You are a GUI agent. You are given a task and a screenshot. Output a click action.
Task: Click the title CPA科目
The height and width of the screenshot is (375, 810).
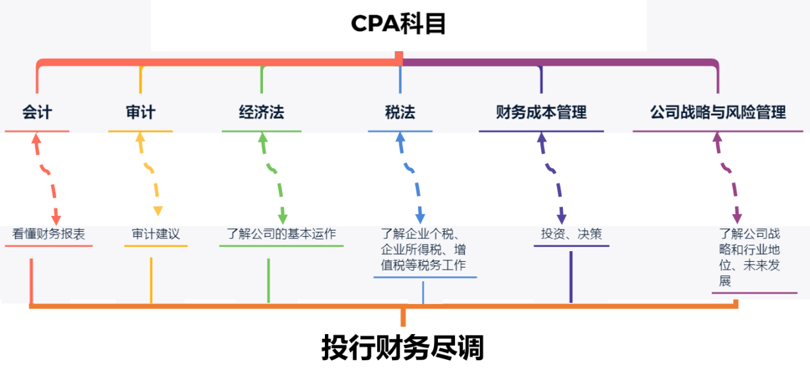398,24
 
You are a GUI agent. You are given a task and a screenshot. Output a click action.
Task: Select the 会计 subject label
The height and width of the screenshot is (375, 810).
37,113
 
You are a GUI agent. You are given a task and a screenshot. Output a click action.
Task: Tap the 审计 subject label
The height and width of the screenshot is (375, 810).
140,113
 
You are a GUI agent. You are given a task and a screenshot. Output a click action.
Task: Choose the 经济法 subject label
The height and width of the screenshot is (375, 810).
262,113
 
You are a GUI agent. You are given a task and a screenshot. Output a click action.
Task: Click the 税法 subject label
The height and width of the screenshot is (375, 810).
400,113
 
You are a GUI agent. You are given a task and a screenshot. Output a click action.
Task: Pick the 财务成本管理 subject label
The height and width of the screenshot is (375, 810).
541,113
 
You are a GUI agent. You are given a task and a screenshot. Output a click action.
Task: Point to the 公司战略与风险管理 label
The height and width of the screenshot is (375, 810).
718,113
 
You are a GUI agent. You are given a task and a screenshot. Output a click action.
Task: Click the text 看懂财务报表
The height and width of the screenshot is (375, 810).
49,234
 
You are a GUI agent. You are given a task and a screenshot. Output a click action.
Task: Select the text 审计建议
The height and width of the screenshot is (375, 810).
156,234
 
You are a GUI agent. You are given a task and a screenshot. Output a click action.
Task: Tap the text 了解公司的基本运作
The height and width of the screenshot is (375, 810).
281,234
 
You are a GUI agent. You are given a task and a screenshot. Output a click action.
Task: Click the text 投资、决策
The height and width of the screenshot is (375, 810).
571,234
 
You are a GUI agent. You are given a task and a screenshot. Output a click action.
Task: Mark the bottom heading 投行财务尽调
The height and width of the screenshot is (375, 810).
403,348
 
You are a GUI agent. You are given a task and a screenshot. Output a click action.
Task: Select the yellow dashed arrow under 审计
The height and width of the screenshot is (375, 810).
149,172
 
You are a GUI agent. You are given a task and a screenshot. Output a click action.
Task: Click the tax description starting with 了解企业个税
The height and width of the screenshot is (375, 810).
423,250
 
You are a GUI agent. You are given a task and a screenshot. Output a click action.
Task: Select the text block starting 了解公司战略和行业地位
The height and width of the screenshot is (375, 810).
751,257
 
